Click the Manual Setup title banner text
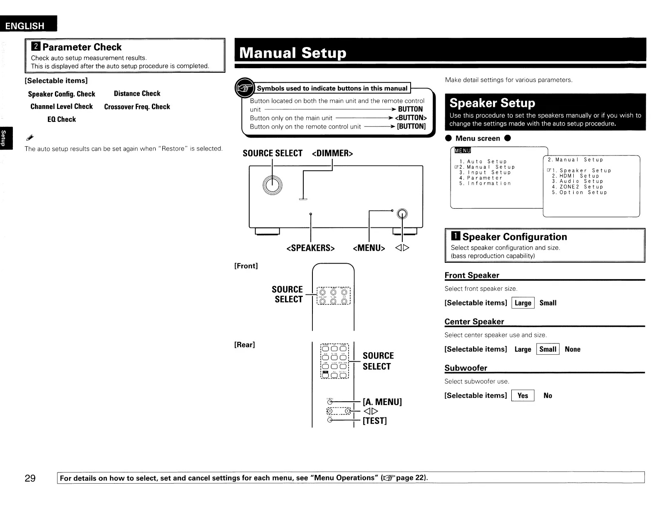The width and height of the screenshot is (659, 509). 292,53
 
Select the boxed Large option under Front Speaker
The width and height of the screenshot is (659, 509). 523,303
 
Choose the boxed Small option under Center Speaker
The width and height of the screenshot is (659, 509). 548,349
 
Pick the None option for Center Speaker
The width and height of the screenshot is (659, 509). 572,349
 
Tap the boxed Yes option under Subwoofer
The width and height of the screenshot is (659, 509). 523,396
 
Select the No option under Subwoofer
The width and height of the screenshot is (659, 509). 548,396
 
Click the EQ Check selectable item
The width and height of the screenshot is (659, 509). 62,119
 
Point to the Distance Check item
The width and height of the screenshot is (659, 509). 137,94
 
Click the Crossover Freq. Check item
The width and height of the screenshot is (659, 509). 137,107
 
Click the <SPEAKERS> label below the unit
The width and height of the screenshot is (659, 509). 310,248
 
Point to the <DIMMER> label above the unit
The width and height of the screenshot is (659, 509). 332,153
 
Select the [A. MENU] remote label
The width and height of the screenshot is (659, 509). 382,402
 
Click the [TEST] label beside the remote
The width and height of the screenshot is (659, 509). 374,421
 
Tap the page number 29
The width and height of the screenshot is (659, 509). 30,478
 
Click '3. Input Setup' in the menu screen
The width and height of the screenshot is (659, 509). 485,173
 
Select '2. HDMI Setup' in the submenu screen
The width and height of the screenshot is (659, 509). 575,176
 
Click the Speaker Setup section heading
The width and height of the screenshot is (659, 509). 492,103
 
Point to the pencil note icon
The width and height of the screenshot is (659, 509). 30,137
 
